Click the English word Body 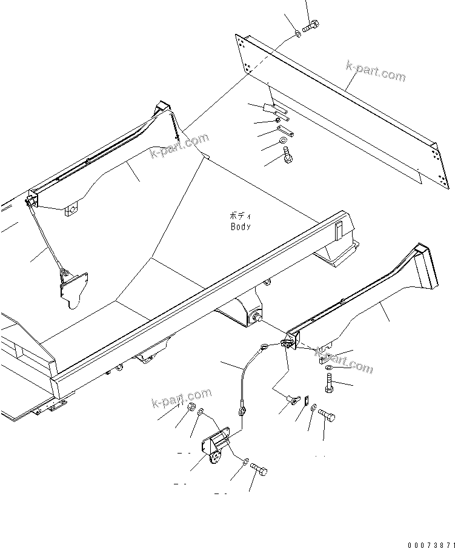(x=241, y=226)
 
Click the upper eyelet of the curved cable (x=264, y=347)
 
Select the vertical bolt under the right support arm (x=329, y=383)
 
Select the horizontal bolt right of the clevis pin (x=327, y=415)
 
